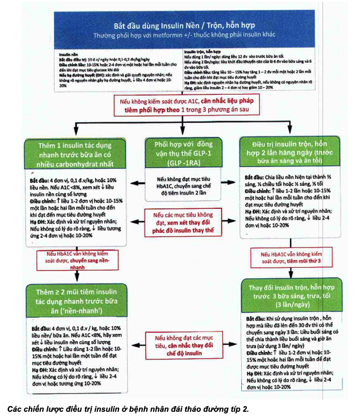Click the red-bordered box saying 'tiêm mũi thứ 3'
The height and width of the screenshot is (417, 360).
(x=291, y=257)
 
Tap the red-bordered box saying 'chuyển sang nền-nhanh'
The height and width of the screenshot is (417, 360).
(x=78, y=260)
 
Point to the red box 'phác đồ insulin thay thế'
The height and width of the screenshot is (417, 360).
(x=183, y=222)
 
